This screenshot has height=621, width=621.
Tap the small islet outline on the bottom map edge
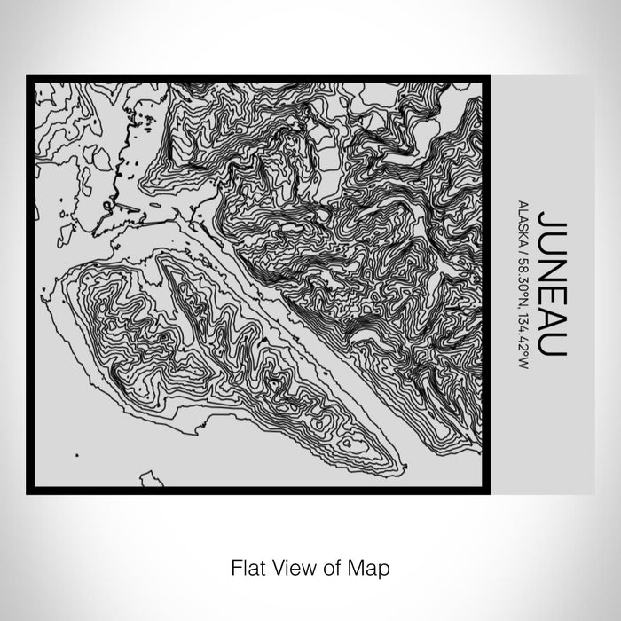(152, 480)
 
